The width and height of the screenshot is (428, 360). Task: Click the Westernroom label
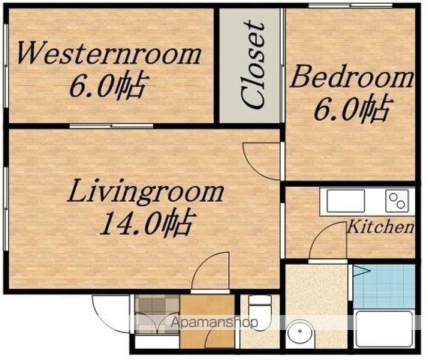click(109, 53)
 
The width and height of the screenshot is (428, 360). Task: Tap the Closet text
click(254, 65)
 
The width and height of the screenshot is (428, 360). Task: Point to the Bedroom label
click(351, 76)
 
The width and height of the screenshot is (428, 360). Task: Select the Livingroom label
click(146, 192)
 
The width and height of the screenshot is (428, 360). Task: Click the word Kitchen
click(381, 226)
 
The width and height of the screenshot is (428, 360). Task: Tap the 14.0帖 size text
click(148, 223)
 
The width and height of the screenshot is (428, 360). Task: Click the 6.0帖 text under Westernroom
click(109, 85)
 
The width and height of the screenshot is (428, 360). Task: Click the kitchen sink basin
click(345, 201)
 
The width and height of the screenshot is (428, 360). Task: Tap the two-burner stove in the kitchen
click(397, 201)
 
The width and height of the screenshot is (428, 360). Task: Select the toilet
click(260, 313)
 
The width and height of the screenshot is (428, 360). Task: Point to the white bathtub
click(384, 328)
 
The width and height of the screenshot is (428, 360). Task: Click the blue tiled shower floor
click(384, 286)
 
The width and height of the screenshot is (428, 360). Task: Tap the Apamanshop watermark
click(214, 323)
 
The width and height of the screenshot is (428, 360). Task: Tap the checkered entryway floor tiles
click(157, 313)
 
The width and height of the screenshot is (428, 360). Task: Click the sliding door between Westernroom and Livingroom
click(111, 126)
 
